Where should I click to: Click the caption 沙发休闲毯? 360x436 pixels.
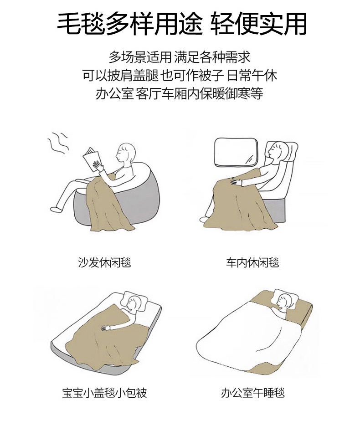104,262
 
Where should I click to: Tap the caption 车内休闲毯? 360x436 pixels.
252,262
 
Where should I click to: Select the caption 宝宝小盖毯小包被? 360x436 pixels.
104,393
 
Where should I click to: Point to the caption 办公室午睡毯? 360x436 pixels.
252,393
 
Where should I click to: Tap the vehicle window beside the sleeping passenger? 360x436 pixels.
236,153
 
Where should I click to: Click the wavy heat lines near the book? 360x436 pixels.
58,143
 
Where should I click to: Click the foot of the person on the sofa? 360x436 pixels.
57,209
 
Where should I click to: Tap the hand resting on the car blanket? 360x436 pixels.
236,182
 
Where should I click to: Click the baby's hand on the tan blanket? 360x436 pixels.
106,328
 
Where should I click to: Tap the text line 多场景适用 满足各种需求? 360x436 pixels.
180,57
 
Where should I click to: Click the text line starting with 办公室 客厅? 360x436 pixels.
180,93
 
